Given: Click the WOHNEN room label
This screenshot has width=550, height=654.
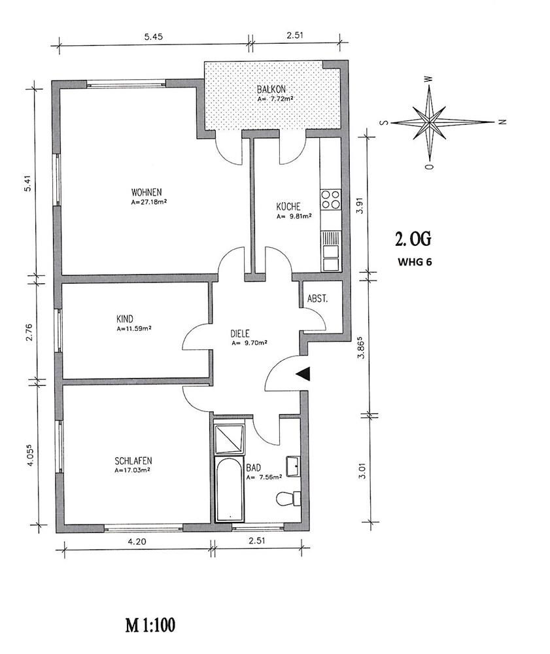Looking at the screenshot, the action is pyautogui.click(x=146, y=192).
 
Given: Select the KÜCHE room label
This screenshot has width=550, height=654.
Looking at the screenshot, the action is pyautogui.click(x=288, y=207).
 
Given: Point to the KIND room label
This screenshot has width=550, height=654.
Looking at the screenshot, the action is pyautogui.click(x=125, y=319).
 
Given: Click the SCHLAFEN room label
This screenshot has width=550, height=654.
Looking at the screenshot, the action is pyautogui.click(x=133, y=461).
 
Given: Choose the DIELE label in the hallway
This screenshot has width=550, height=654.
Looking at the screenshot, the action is pyautogui.click(x=240, y=334).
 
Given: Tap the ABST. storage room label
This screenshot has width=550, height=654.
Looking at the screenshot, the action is pyautogui.click(x=317, y=299).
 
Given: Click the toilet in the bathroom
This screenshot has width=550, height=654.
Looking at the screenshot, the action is pyautogui.click(x=289, y=498).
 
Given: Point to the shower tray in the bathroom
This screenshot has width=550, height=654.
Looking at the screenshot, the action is pyautogui.click(x=229, y=439).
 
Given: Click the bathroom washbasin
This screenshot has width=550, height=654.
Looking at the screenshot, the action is pyautogui.click(x=293, y=466).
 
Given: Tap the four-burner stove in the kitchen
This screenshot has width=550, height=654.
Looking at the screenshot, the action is pyautogui.click(x=330, y=199).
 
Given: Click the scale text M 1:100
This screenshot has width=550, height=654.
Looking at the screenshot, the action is pyautogui.click(x=150, y=625).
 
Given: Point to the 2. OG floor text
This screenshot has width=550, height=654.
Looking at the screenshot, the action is pyautogui.click(x=413, y=239).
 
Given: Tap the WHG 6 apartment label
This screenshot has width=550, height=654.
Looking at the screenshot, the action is pyautogui.click(x=415, y=262).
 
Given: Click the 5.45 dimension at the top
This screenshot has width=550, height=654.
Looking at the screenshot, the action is pyautogui.click(x=153, y=36).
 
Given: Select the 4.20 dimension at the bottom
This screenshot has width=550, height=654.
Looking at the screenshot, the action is pyautogui.click(x=136, y=542).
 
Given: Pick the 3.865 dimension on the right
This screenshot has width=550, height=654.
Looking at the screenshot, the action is pyautogui.click(x=362, y=347).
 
